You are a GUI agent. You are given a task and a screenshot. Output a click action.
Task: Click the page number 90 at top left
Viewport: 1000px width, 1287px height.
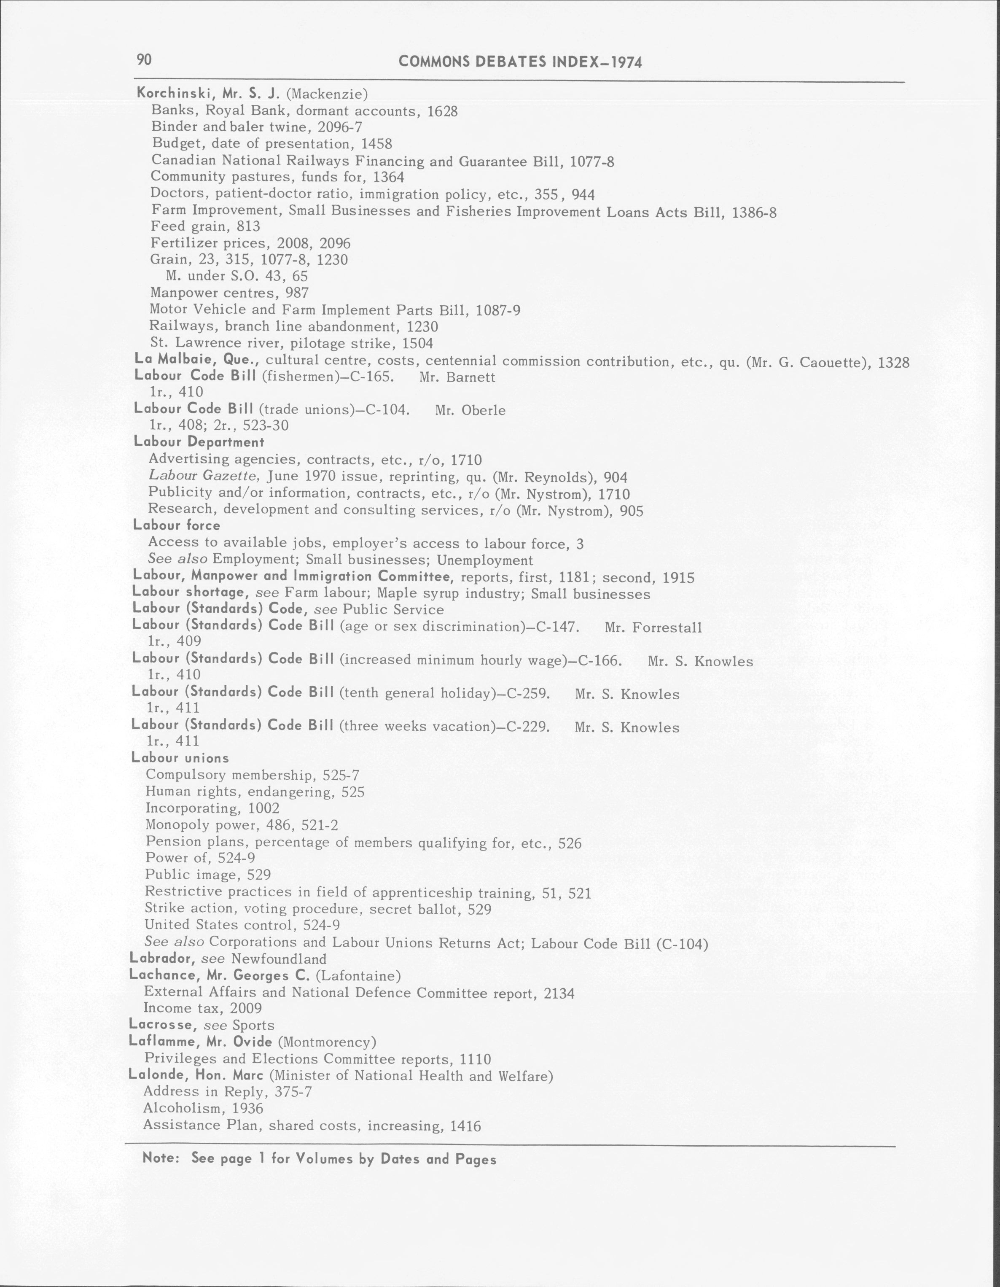point(144,59)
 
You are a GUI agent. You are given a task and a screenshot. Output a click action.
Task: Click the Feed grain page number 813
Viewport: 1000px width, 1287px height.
point(247,226)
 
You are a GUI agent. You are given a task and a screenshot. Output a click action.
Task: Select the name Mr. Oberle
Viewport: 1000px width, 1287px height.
point(470,410)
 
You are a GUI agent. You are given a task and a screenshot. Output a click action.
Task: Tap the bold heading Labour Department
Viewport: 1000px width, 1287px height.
point(199,442)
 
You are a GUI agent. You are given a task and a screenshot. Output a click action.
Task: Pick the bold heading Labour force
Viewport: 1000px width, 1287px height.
point(176,525)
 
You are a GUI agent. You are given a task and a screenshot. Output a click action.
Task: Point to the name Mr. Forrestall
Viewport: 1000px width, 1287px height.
point(653,627)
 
